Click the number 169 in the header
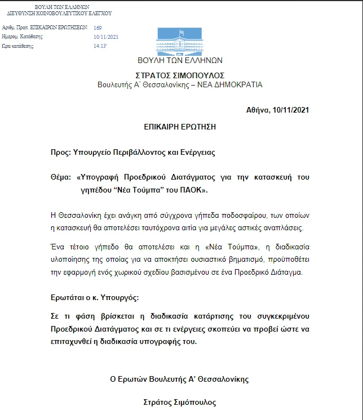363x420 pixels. [x=98, y=27]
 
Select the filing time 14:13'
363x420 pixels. [x=100, y=46]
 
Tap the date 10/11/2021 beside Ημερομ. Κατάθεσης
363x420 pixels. [x=106, y=37]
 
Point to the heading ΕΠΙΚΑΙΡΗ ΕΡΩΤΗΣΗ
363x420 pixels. [x=180, y=128]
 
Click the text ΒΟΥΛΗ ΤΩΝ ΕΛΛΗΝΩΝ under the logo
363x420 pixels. [x=180, y=60]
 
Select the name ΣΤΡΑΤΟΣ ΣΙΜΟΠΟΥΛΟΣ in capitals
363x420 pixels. [x=180, y=75]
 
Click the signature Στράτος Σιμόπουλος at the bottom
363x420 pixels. [x=180, y=403]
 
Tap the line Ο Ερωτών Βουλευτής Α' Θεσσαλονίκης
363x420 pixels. [x=179, y=379]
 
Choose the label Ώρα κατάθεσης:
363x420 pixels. [x=19, y=46]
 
